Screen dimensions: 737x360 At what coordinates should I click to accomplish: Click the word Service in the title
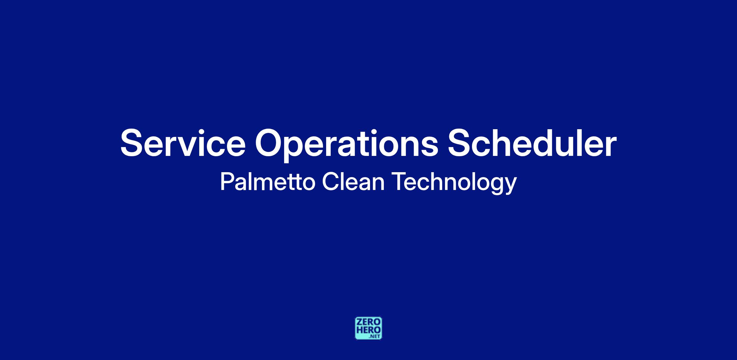(x=183, y=143)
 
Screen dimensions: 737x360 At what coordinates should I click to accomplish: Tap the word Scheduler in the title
(x=532, y=142)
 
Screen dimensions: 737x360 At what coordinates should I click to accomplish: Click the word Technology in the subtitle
(x=454, y=183)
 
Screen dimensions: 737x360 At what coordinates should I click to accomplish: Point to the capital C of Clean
(x=330, y=182)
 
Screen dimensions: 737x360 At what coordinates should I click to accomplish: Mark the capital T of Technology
(x=400, y=182)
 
